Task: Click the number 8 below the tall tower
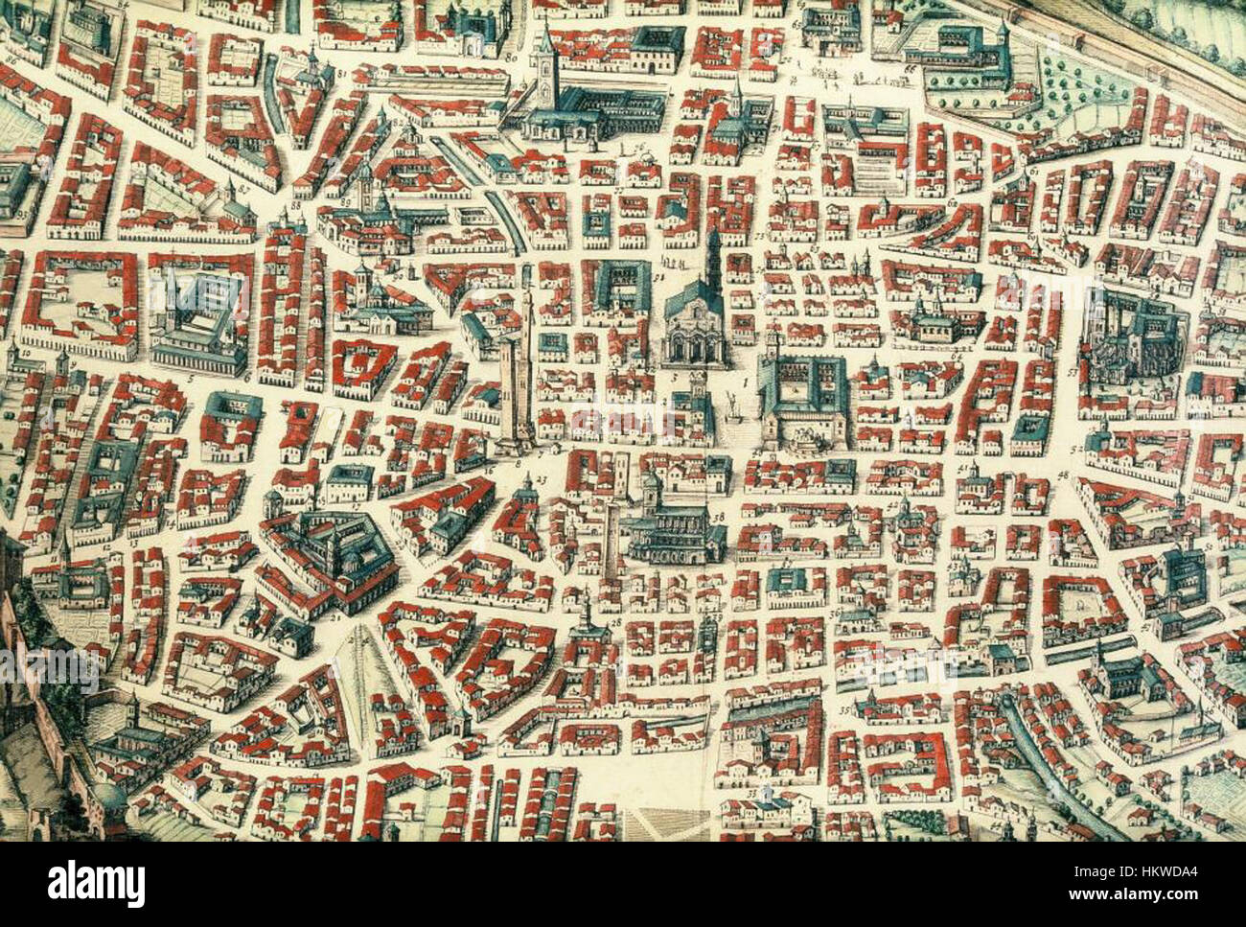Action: pyautogui.click(x=518, y=463)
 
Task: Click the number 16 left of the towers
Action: pyautogui.click(x=488, y=470)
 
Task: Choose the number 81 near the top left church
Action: pyautogui.click(x=341, y=73)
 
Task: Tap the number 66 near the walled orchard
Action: pyautogui.click(x=909, y=70)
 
